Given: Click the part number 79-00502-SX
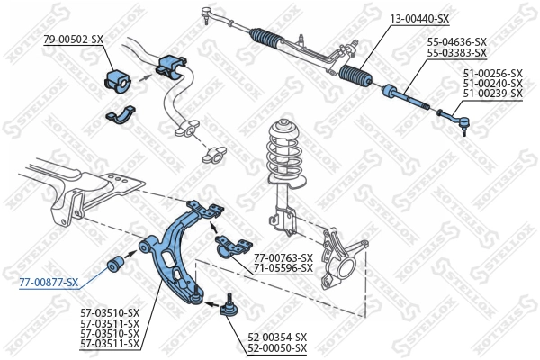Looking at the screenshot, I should click(x=74, y=40).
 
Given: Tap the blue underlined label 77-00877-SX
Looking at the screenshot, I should click(x=49, y=282).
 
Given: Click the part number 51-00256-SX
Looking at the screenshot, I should click(x=492, y=73).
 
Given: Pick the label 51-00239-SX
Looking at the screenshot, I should click(x=492, y=93).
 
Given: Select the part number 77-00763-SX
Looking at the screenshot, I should click(x=283, y=258).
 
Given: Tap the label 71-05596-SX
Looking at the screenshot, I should click(x=283, y=268).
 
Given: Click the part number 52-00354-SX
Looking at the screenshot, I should click(x=277, y=337).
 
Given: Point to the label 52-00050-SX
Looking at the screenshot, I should click(x=277, y=348).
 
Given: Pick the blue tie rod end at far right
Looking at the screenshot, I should click(x=450, y=116).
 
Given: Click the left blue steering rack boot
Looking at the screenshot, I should click(x=268, y=39).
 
